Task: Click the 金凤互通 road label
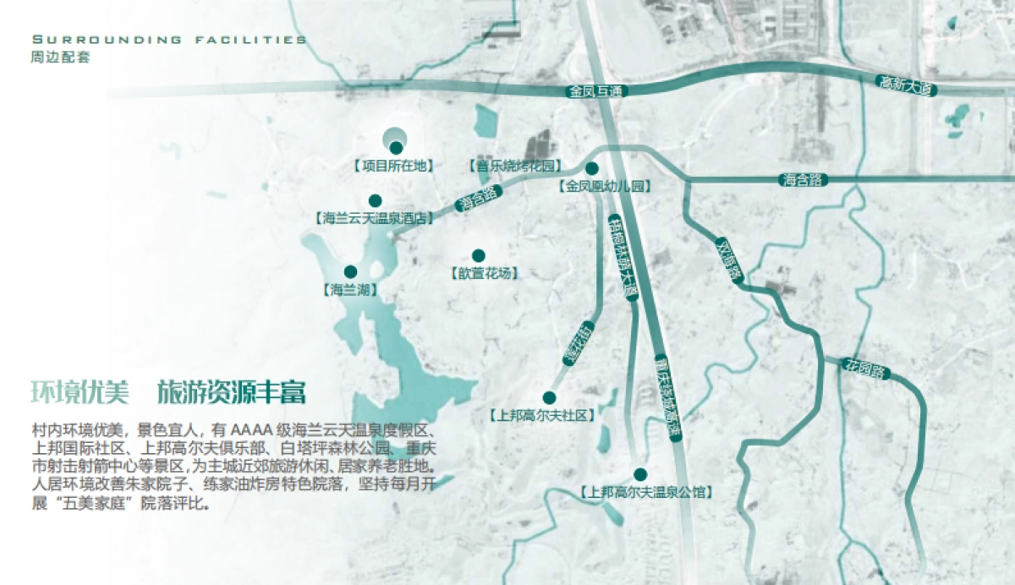click(596, 90)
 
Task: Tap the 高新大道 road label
click(904, 84)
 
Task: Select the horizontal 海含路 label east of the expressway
click(803, 179)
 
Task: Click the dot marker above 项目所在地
click(396, 148)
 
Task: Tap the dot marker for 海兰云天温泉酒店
click(376, 201)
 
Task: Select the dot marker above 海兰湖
click(350, 271)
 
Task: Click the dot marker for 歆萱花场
click(478, 255)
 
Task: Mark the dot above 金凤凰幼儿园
click(592, 168)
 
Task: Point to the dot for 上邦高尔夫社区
click(549, 397)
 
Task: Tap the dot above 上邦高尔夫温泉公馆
click(640, 474)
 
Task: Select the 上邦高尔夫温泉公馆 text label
click(645, 491)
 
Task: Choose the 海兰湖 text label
click(349, 289)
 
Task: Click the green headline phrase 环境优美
click(80, 392)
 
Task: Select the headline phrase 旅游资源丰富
click(231, 392)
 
